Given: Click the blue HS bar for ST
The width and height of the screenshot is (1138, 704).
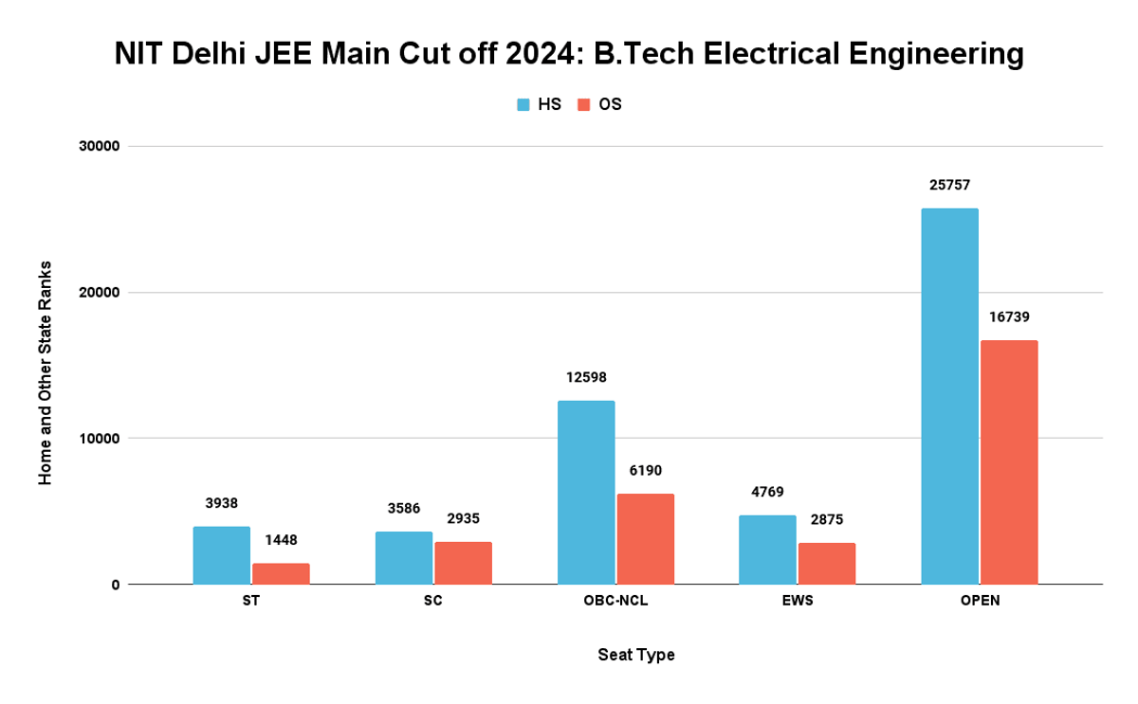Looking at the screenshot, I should click(221, 555).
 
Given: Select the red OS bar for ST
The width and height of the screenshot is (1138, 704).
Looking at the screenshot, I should click(281, 573).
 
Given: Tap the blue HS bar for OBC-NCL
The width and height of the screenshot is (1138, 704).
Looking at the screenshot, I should click(586, 492).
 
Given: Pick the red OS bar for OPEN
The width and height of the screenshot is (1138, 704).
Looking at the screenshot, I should click(1009, 461).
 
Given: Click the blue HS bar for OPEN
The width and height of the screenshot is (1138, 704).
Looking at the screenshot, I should click(949, 396).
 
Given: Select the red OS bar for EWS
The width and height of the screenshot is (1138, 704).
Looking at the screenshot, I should click(827, 563).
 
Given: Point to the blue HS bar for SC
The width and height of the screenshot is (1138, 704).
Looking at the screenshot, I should click(404, 557).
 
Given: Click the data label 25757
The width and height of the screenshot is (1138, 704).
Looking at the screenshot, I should click(949, 186).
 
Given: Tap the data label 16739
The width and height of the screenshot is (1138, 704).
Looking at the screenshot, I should click(1009, 317).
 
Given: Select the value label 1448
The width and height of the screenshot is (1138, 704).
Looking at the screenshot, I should click(281, 541).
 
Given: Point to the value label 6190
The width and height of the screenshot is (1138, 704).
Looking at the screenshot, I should click(645, 471).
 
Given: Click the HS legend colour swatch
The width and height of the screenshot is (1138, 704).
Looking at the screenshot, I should click(523, 105).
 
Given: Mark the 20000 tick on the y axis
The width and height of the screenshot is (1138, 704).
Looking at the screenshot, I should click(99, 293).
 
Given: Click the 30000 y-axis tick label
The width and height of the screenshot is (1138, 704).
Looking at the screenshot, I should click(99, 147).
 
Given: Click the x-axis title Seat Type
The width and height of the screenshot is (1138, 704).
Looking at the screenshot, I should click(636, 656).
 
